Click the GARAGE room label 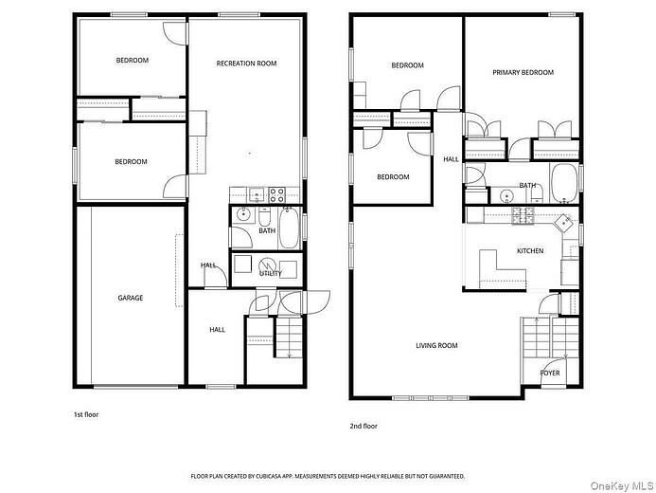pos(130,298)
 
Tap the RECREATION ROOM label pos(246,64)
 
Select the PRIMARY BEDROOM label pos(523,72)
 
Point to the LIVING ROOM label pos(436,345)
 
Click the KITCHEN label pos(530,251)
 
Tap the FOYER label pos(550,373)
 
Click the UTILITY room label pos(271,273)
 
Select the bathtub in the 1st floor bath pos(289,228)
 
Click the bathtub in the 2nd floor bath pos(564,184)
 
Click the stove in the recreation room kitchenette pos(276,194)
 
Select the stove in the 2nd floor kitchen pos(523,215)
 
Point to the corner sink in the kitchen pos(563,223)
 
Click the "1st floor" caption pos(86,414)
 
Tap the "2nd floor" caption pos(363,426)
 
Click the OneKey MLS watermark pos(622,485)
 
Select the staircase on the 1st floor pos(289,338)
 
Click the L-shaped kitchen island pos(502,269)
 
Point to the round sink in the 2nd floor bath pos(507,195)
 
